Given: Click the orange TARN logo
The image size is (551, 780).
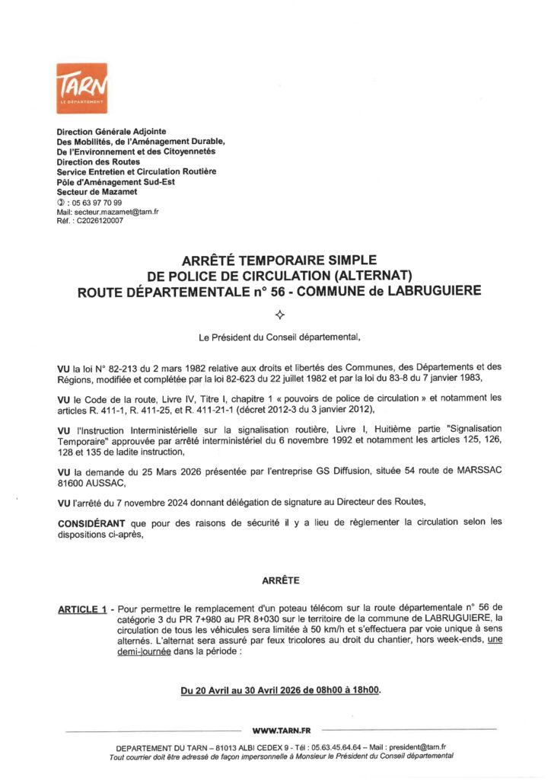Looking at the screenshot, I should tap(81, 88).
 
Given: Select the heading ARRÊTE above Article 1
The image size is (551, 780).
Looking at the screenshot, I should tap(280, 580).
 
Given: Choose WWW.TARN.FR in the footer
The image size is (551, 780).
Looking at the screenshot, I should tap(279, 730).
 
